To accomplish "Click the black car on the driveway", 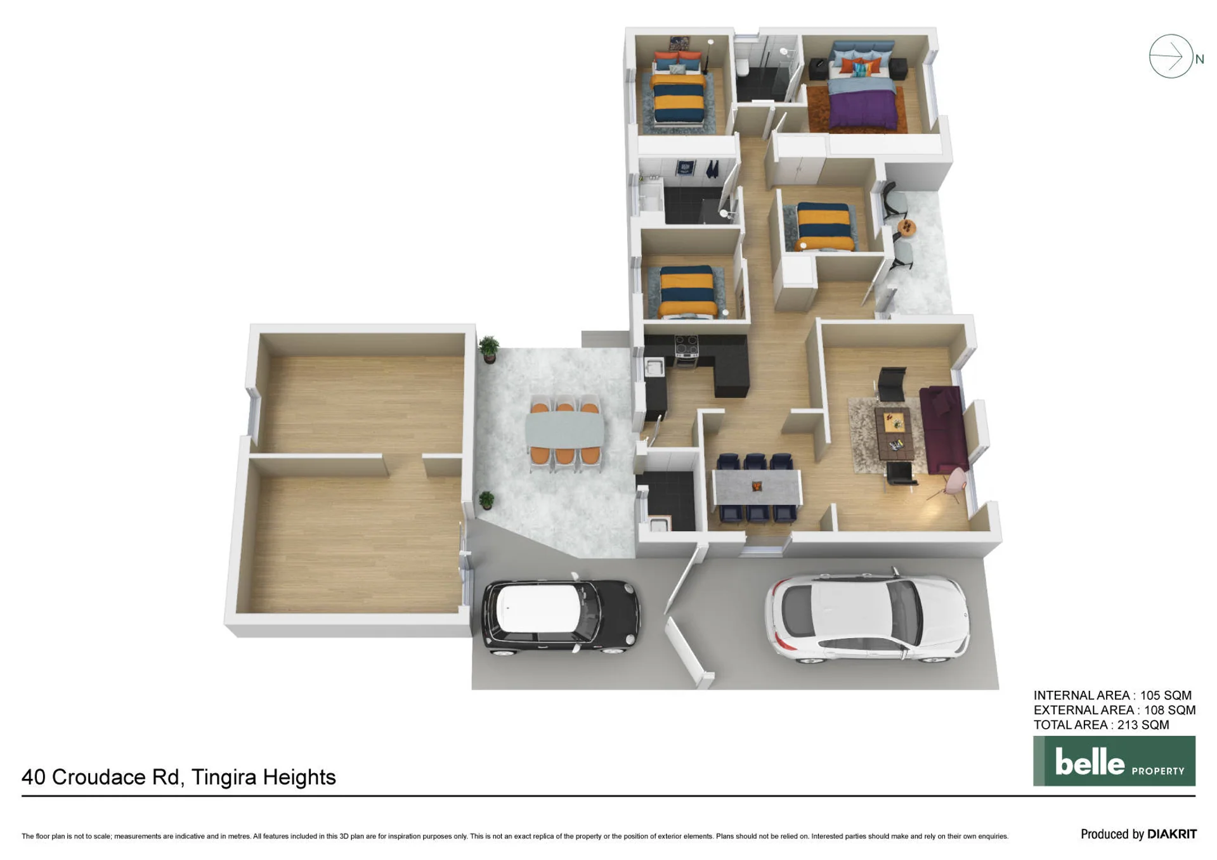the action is point(561,615).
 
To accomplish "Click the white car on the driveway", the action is point(867,618).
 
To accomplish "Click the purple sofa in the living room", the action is point(944,429).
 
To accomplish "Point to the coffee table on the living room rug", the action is point(894,433).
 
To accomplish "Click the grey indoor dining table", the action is point(757,487).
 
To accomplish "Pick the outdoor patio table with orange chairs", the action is point(564,429).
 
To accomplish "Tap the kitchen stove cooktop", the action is point(686,347).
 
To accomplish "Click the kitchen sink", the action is point(653,366).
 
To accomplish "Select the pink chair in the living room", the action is point(951,483).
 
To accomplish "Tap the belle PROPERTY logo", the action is point(1114,761).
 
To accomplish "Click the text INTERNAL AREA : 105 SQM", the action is point(1112,695).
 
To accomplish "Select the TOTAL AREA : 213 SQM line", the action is point(1101,725).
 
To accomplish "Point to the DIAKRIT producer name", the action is point(1172,834).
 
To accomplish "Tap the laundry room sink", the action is point(660,525).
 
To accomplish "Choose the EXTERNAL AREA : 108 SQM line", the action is point(1114,710).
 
